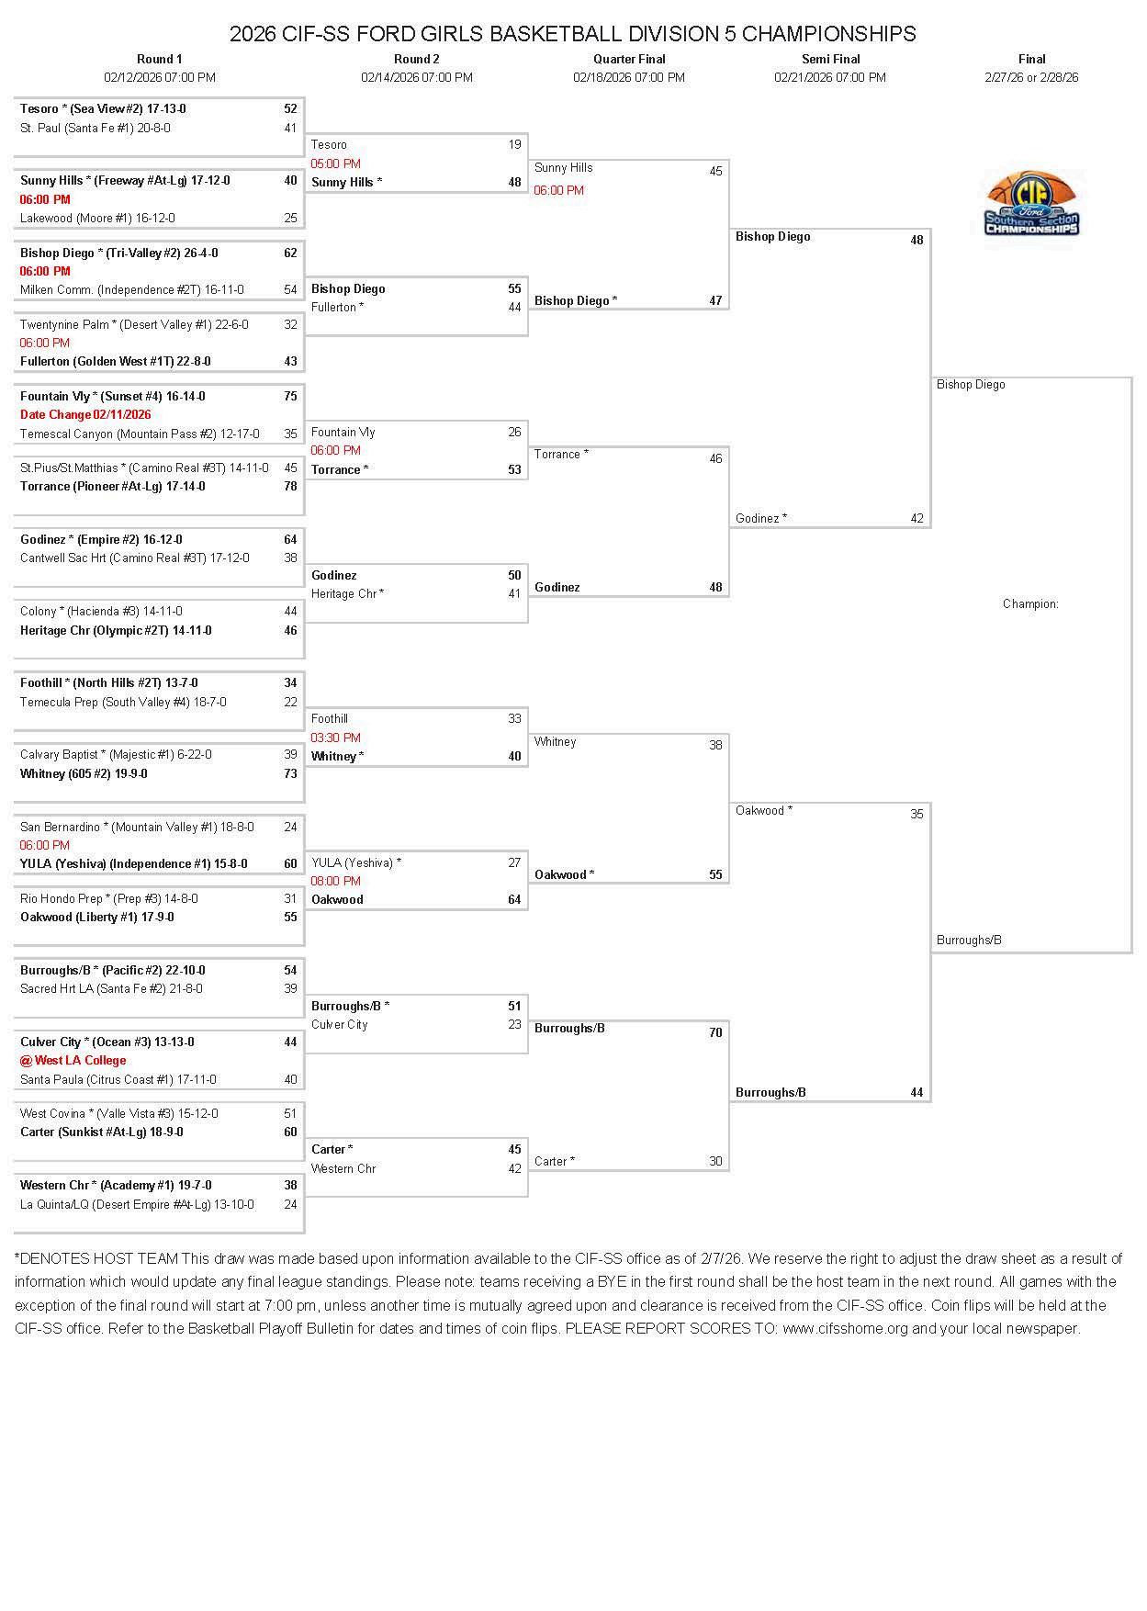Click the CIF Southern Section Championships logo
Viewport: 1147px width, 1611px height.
click(x=1031, y=203)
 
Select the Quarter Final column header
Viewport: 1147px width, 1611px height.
click(x=629, y=59)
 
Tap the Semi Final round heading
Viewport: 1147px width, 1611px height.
click(x=830, y=59)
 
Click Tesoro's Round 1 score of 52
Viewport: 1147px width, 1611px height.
click(x=290, y=108)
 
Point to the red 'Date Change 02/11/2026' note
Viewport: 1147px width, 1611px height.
click(x=85, y=415)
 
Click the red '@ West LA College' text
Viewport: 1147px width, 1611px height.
click(x=73, y=1061)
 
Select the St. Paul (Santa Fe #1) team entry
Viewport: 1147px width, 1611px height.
click(x=96, y=129)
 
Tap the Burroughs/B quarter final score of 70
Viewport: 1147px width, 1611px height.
click(x=715, y=1032)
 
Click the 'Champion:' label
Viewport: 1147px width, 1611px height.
click(x=1030, y=604)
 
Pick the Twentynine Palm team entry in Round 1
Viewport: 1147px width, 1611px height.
click(x=134, y=325)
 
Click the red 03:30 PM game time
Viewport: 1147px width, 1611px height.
click(x=335, y=738)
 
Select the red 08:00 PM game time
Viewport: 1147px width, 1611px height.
click(x=335, y=881)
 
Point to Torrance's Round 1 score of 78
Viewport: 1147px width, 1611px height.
click(x=290, y=487)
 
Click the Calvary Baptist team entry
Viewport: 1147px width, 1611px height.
click(x=116, y=755)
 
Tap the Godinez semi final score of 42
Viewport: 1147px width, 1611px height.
click(x=916, y=519)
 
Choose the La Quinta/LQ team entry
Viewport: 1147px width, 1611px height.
click(x=137, y=1205)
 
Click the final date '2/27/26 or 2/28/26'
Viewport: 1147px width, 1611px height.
click(x=1031, y=78)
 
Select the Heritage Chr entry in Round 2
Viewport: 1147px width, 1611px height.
click(x=347, y=594)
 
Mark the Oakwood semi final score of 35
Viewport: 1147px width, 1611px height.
click(x=916, y=815)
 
